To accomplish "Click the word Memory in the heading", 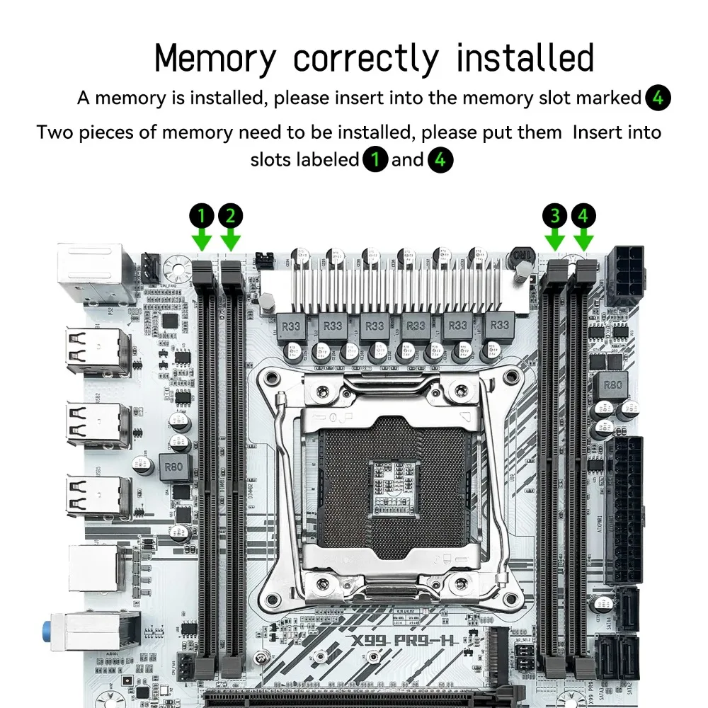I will pos(213,58).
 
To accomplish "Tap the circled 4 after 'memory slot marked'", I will pos(658,98).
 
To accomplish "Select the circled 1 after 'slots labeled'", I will pos(375,160).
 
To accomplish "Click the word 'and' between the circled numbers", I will pos(407,160).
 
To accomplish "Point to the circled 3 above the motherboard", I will pos(555,215).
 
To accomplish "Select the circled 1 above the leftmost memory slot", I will pos(202,215).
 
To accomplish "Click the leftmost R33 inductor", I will pos(290,326).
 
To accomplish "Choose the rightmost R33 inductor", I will pos(500,326).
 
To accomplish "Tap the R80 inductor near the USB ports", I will pos(173,466).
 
